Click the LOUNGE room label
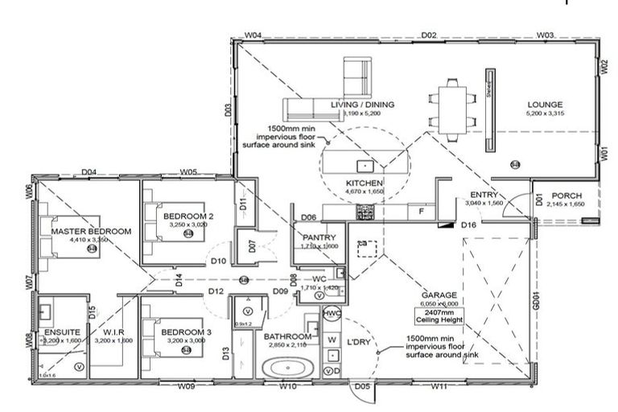point(545,105)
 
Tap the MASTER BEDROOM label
point(90,231)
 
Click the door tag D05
point(363,387)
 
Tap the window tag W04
point(253,35)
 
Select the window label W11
point(439,387)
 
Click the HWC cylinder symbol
point(332,313)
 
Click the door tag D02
point(429,35)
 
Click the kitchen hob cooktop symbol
point(365,212)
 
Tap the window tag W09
point(187,387)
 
